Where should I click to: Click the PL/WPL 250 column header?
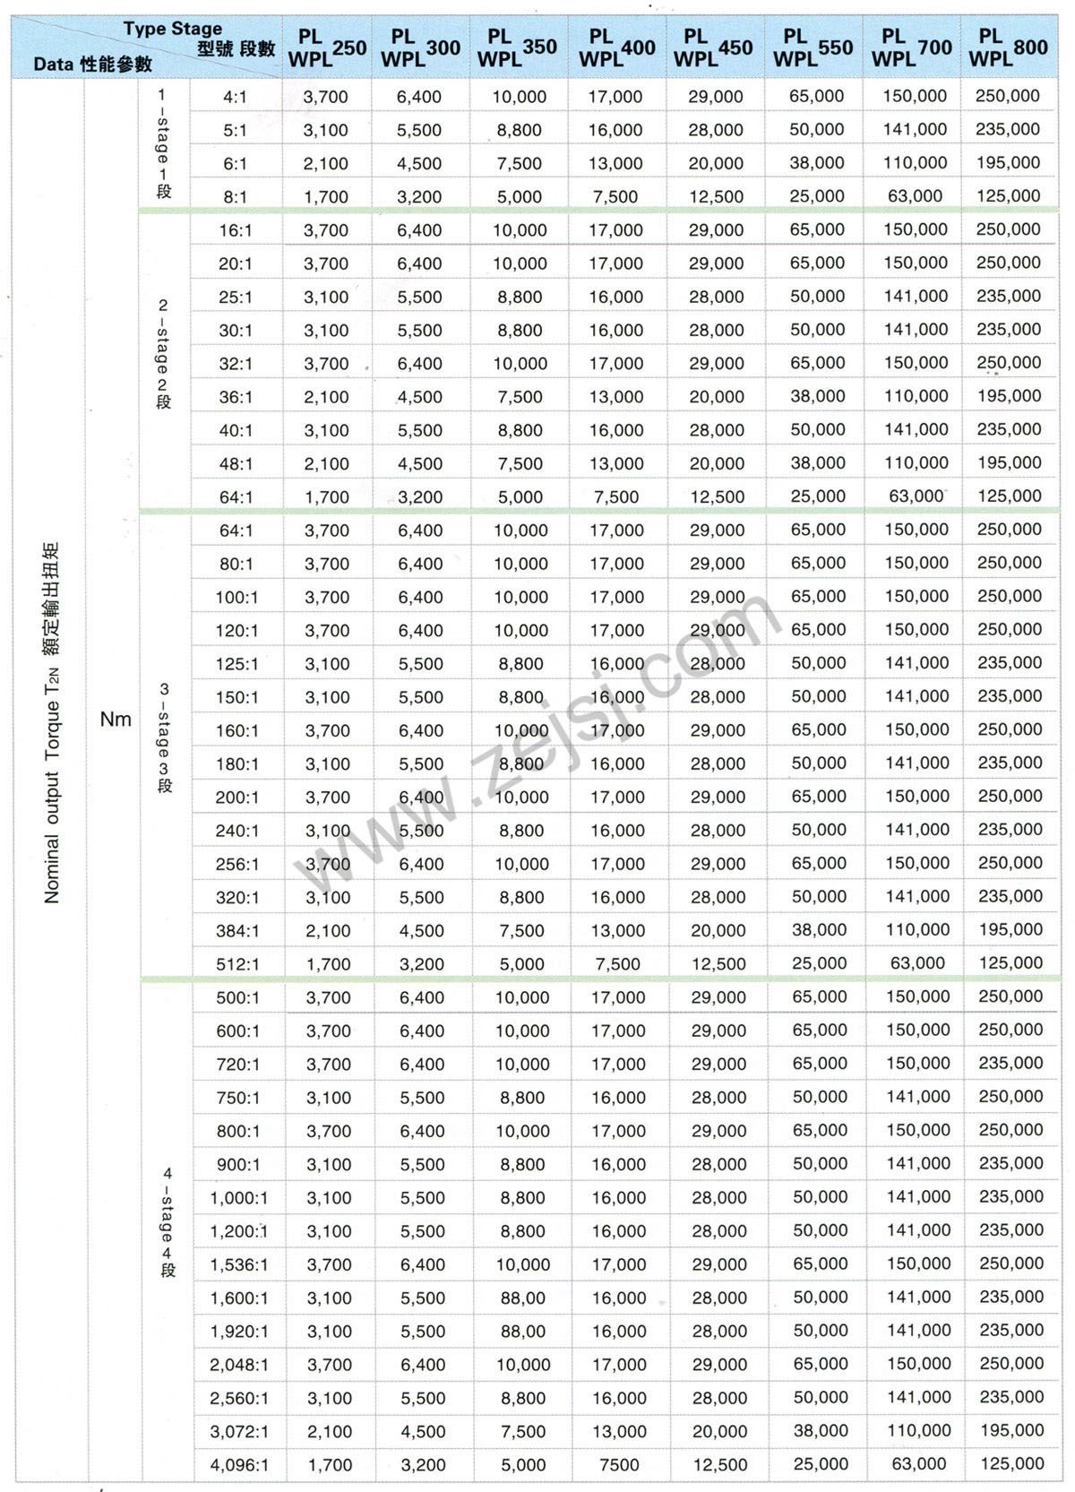(x=327, y=48)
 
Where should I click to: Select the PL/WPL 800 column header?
(x=1008, y=47)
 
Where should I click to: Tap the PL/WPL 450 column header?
(x=713, y=48)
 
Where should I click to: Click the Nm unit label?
(x=116, y=719)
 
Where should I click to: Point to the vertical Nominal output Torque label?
(x=51, y=722)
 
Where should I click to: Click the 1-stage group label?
(x=163, y=143)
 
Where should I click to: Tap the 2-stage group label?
(x=163, y=355)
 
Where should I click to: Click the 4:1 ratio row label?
(x=235, y=97)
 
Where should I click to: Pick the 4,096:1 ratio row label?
(x=239, y=1465)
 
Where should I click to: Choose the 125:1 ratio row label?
(x=236, y=664)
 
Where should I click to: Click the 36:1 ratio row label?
(x=236, y=397)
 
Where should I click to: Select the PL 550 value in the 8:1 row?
(x=817, y=196)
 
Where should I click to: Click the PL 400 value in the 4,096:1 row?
(x=619, y=1465)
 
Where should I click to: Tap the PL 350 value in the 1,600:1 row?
(x=523, y=1298)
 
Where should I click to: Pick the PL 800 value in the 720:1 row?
(x=1010, y=1064)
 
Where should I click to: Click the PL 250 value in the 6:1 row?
(x=326, y=164)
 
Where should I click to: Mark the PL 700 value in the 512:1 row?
(x=917, y=963)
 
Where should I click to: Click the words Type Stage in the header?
(x=173, y=29)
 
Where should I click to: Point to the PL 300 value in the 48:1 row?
(x=420, y=464)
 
